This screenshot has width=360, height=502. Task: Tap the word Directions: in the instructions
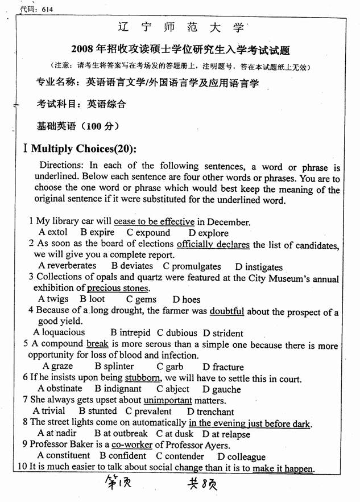pos(61,166)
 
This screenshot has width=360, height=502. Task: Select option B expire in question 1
pos(97,232)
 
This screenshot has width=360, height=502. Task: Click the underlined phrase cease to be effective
pos(154,221)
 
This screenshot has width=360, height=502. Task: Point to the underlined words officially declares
pos(213,244)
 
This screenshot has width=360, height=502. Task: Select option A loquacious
pos(59,332)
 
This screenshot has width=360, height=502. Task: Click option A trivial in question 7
pos(49,411)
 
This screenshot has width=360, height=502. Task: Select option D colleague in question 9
pos(241,456)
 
